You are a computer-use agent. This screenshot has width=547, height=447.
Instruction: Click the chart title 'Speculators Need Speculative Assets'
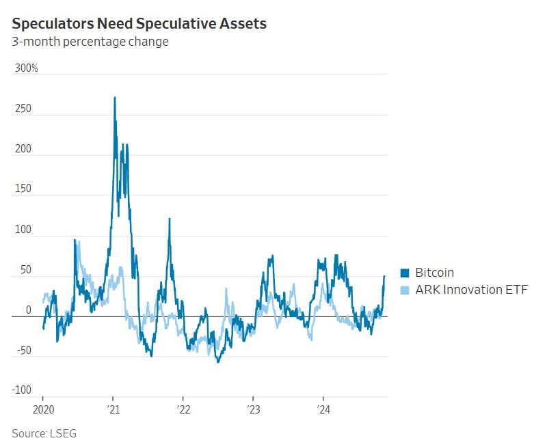(139, 23)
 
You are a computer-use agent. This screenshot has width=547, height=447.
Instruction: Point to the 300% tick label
(27, 68)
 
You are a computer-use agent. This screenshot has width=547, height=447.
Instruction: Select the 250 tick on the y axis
(23, 109)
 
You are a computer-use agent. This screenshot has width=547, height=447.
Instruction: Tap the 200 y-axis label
(23, 149)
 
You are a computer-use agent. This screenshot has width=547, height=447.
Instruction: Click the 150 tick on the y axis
(23, 189)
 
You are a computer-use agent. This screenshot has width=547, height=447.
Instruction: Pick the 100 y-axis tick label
(23, 230)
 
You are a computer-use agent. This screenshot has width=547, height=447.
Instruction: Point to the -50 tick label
(23, 351)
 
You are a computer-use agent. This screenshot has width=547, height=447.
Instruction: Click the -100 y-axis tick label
(21, 390)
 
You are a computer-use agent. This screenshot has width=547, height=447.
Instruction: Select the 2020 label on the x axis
(42, 409)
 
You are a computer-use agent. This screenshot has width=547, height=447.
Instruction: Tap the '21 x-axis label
(114, 409)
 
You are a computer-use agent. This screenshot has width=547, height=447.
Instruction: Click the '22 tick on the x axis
(183, 409)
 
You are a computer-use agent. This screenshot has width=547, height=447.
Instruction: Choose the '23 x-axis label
(253, 409)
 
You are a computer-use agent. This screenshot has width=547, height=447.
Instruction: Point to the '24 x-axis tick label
(323, 409)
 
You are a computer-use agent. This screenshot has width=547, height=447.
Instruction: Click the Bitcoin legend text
(434, 273)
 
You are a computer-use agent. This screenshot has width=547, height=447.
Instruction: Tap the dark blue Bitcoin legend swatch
(405, 273)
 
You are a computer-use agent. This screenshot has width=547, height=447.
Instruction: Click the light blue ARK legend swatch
(405, 289)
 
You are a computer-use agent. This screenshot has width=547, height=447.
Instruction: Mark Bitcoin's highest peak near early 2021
(114, 98)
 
